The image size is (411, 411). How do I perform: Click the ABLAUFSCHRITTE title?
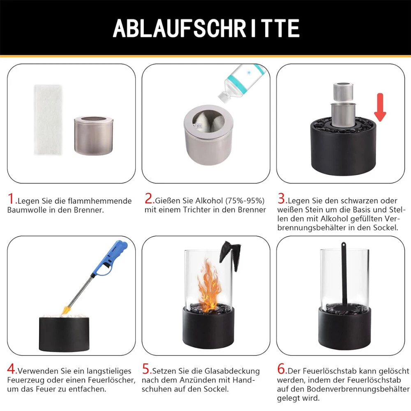pos(206,28)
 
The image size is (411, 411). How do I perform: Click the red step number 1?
pos(12,200)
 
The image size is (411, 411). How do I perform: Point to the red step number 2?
pos(148,200)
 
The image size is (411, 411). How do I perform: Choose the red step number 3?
pos(282,200)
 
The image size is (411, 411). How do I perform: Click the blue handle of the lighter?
pos(113,255)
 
